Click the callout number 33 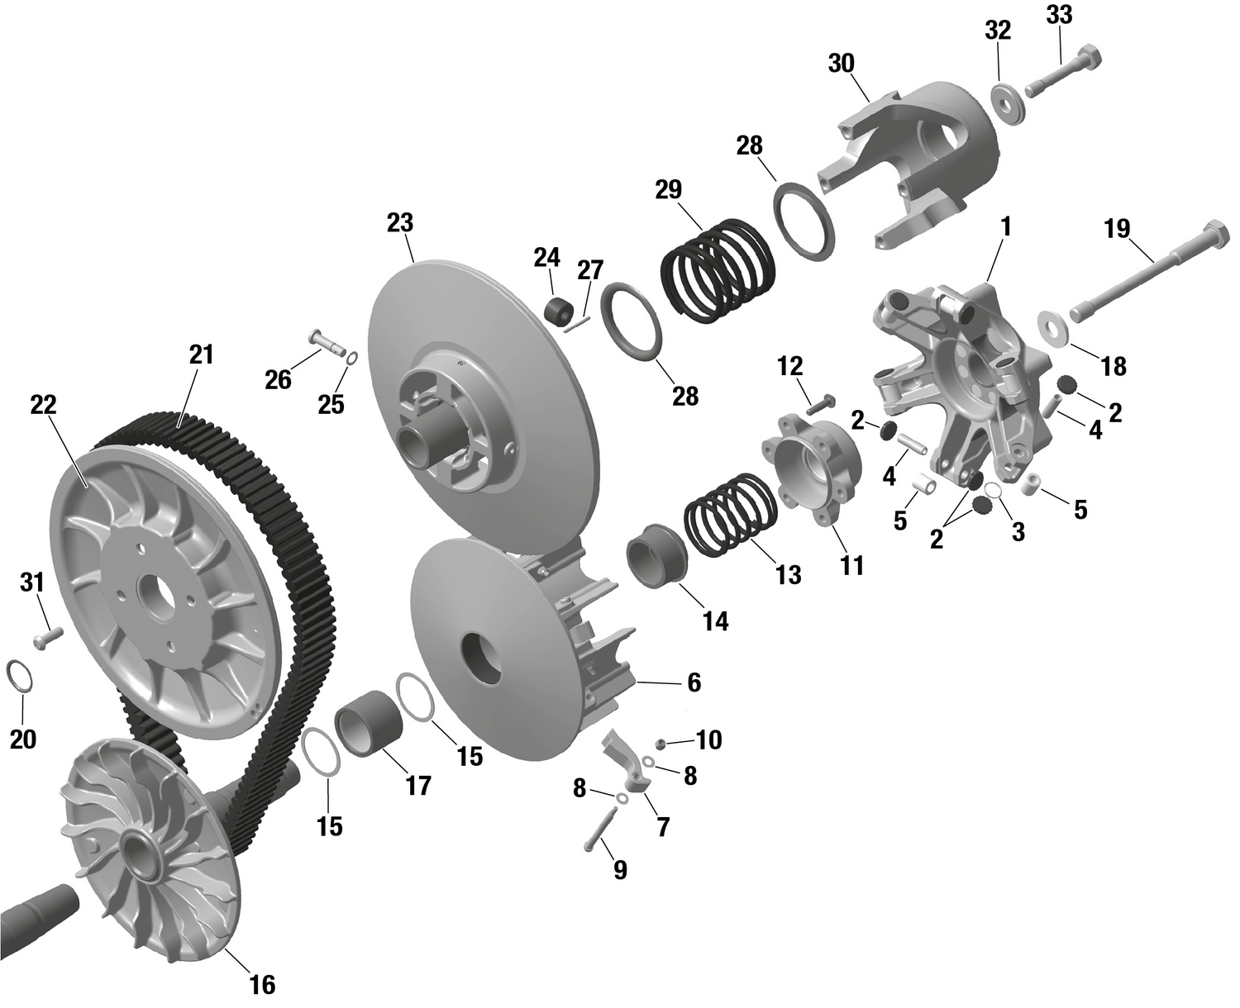(1059, 15)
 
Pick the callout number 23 (399, 223)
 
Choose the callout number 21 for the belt (201, 354)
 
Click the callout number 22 (43, 405)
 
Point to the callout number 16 (262, 985)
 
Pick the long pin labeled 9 (597, 830)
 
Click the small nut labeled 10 (661, 744)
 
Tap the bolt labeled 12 (819, 404)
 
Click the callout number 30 (842, 64)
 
